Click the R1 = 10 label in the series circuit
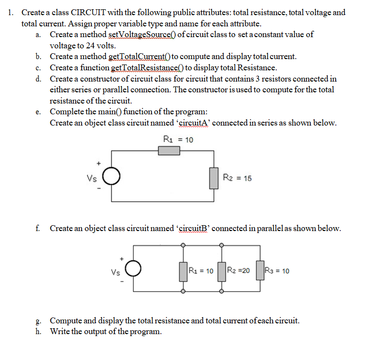(178, 140)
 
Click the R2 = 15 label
(237, 178)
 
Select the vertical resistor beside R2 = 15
(214, 178)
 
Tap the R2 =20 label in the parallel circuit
(239, 271)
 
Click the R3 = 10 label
(277, 271)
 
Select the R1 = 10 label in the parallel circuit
(201, 271)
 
